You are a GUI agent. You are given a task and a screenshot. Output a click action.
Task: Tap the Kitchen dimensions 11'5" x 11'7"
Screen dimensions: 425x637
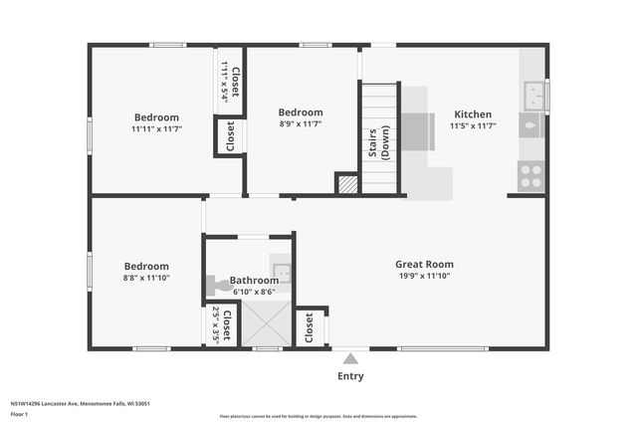coord(472,126)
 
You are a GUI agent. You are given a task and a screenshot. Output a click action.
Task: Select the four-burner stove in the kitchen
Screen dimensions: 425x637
coord(531,176)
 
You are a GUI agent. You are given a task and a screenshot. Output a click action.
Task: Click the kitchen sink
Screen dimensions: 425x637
coord(531,96)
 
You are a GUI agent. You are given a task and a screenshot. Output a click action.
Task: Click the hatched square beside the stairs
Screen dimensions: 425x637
coord(346,184)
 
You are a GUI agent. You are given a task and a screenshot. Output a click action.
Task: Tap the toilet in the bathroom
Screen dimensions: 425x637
coord(218,286)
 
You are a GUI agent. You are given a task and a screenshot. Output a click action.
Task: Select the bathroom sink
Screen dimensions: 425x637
coord(282,272)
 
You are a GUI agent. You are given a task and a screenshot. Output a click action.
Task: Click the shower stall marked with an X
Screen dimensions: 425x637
coord(267,323)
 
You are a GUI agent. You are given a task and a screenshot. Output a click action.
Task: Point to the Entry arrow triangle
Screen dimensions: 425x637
coord(350,358)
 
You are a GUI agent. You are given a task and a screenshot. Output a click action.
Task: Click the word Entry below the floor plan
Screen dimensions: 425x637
coord(350,376)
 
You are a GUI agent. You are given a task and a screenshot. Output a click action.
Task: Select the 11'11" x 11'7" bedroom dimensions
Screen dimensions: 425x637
coord(156,129)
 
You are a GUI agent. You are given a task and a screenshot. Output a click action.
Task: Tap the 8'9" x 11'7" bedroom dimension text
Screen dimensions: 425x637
coord(300,125)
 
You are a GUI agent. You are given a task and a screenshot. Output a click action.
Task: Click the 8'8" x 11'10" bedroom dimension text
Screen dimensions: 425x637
coord(146,279)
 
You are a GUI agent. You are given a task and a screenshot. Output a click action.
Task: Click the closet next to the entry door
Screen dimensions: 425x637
coord(311,325)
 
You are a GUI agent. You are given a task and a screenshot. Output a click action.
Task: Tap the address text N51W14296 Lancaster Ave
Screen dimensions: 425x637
coord(80,403)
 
